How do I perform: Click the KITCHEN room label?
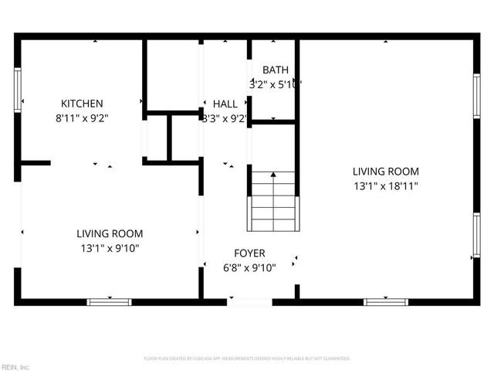[x=82, y=104]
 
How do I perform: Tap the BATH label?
[x=275, y=70]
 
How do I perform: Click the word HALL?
[x=225, y=104]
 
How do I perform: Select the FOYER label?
[x=249, y=254]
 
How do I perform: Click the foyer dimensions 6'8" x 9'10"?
[x=249, y=268]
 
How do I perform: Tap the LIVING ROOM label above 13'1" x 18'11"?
[x=385, y=172]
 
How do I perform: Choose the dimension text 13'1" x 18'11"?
[x=385, y=186]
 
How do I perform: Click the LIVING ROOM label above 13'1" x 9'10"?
[x=109, y=233]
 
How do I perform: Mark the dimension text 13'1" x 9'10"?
[x=109, y=248]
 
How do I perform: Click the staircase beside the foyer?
[x=272, y=201]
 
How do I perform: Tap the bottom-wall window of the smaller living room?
[x=109, y=301]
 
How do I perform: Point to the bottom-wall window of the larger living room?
[x=386, y=301]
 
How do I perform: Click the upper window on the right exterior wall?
[x=476, y=97]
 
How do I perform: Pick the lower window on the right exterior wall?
[x=476, y=235]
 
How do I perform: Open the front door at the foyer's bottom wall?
[x=249, y=301]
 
